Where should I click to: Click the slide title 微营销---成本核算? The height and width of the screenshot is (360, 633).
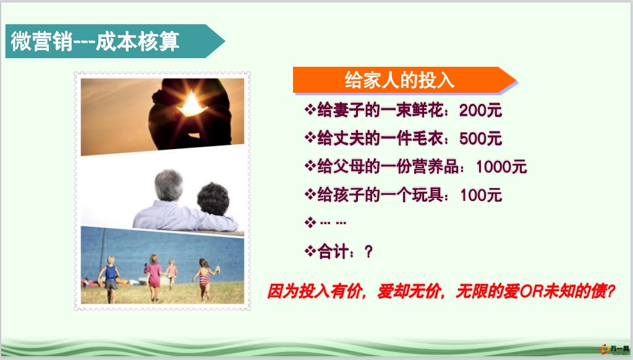[x=95, y=41]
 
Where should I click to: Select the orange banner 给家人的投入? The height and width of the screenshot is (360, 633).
[x=404, y=80]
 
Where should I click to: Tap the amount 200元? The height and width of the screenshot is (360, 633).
[x=480, y=110]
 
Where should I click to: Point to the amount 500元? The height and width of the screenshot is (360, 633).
[x=480, y=139]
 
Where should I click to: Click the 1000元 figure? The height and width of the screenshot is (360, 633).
[x=501, y=167]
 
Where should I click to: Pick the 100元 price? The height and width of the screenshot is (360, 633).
[x=481, y=195]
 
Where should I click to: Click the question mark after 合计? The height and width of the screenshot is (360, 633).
[x=368, y=252]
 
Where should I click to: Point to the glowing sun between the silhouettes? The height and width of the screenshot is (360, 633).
[x=192, y=105]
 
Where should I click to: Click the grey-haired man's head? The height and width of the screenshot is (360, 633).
[x=169, y=186]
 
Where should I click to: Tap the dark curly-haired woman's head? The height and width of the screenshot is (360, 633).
[x=213, y=199]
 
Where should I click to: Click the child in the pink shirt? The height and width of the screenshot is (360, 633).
[x=154, y=278]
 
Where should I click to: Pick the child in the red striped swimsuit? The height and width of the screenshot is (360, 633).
[x=205, y=279]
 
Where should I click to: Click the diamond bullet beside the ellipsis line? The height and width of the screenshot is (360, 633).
[x=310, y=222]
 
